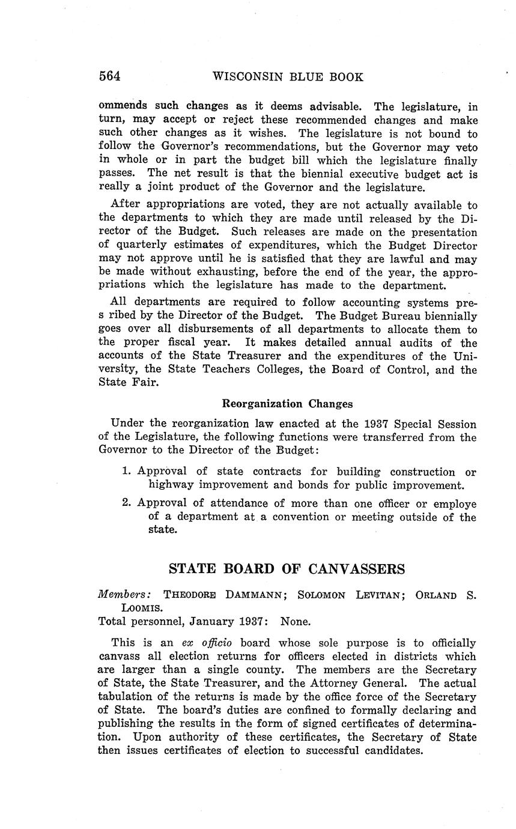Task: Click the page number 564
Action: pos(110,76)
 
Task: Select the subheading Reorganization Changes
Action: pos(287,404)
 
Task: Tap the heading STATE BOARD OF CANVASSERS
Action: pos(287,569)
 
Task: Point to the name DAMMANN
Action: pos(252,595)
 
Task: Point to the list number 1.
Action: pos(126,472)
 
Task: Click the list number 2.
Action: pos(126,504)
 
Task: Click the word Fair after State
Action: pos(145,382)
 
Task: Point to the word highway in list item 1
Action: pos(169,485)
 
